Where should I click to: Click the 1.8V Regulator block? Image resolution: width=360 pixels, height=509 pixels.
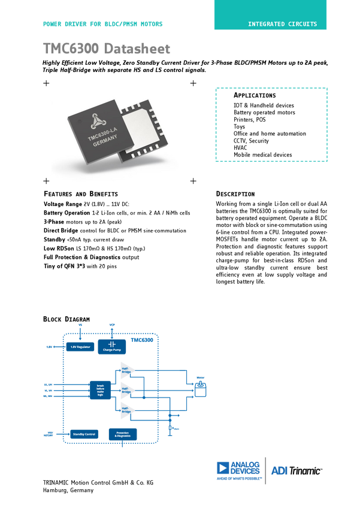coord(79,347)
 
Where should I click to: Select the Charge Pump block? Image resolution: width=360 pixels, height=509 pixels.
coord(112,346)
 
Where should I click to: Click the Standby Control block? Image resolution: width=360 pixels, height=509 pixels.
coord(84,434)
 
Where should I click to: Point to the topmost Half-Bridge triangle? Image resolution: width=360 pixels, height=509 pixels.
coord(128,370)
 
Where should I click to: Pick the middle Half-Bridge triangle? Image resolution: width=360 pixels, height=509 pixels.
coord(128,390)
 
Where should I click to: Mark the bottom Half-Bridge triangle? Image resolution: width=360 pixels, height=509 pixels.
coord(128,410)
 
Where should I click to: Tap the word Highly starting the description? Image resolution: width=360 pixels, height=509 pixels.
coord(53,62)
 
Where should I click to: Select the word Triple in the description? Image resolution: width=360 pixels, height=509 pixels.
coord(53,70)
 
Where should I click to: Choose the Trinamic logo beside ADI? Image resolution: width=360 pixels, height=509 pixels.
coord(239,470)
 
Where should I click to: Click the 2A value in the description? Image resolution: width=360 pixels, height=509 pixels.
coord(310,62)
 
